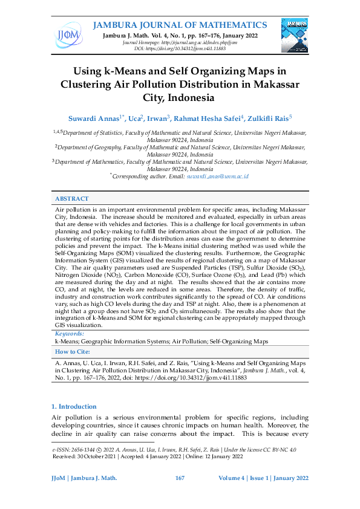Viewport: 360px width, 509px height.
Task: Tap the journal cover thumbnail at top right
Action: click(295, 35)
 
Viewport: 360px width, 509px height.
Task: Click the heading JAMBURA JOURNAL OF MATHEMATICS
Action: click(179, 25)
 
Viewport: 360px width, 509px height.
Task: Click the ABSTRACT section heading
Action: click(72, 198)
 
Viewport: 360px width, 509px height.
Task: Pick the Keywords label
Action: click(70, 333)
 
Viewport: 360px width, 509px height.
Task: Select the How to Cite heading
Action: click(73, 351)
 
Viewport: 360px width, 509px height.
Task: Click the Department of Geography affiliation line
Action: click(182, 146)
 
